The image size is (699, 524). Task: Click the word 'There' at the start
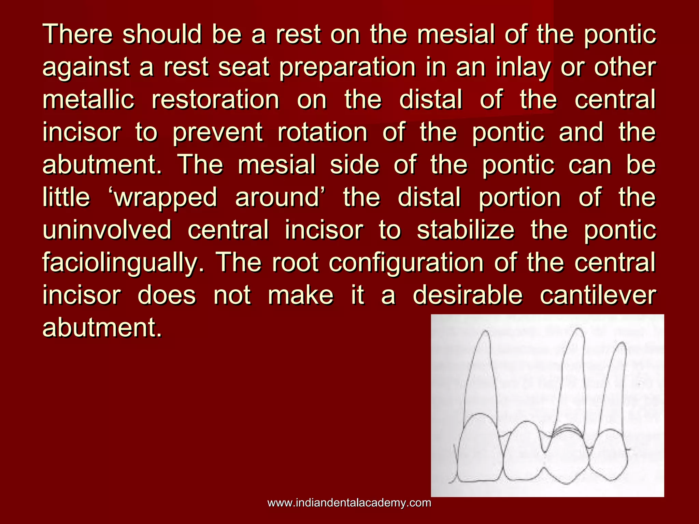click(77, 34)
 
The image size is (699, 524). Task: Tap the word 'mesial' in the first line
click(456, 34)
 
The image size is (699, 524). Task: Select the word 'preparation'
click(347, 67)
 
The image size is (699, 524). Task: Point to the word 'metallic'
click(88, 99)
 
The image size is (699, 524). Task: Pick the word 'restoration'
click(215, 99)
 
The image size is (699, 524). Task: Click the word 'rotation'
click(322, 132)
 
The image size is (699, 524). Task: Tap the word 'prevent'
click(217, 132)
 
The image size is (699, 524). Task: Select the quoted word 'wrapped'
click(165, 198)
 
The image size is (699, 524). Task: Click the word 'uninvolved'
click(107, 230)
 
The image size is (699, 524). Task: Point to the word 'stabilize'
click(466, 230)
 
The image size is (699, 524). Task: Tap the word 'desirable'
click(468, 295)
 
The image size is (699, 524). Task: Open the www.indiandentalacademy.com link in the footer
click(349, 503)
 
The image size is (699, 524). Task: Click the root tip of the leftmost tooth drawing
click(484, 332)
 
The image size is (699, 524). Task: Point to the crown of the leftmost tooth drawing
click(480, 450)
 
